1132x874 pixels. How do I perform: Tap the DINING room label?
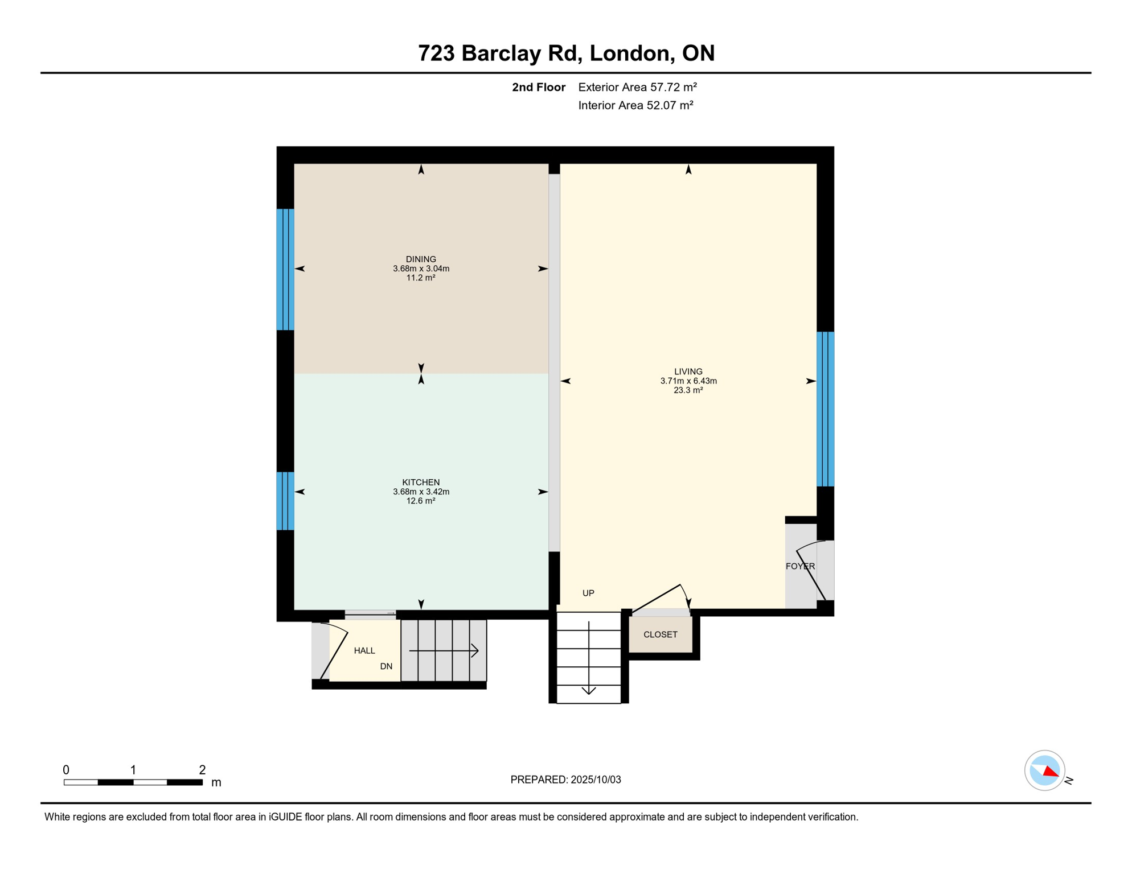pos(421,259)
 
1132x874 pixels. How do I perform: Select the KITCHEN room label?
pos(421,483)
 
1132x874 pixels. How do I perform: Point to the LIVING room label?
pos(688,372)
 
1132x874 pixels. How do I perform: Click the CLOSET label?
pos(661,634)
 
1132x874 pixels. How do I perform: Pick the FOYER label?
pos(800,566)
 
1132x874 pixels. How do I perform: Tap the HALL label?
pos(364,650)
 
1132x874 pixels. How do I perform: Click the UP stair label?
pos(588,593)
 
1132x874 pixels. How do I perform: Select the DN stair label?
pos(386,666)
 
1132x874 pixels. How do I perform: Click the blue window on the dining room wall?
pos(285,270)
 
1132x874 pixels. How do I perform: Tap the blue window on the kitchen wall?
pos(285,501)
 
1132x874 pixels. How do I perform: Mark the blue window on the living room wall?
pos(826,409)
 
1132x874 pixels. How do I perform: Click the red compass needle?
pos(1051,771)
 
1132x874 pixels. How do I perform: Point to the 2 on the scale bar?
pos(202,770)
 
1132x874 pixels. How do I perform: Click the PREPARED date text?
pos(565,780)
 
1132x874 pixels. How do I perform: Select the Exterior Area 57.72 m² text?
pos(638,87)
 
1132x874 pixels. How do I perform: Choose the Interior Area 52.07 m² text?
pos(635,105)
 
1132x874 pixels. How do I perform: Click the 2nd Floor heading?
pos(539,87)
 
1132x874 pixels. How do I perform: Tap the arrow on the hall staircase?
pos(444,650)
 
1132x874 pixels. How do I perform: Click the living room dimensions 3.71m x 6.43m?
pos(688,381)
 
